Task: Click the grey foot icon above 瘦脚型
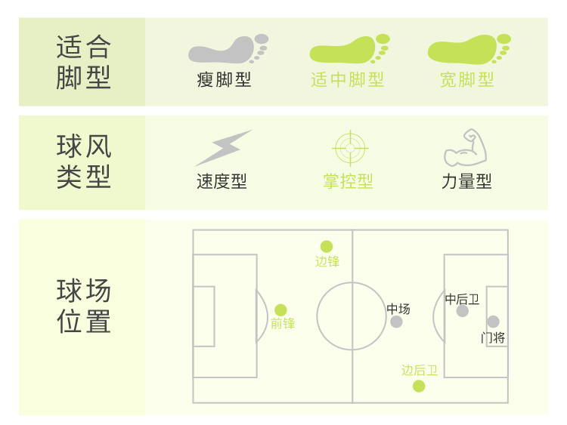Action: (228, 49)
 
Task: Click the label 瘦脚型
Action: (224, 79)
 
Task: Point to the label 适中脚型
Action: (348, 79)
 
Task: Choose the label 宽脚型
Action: (467, 79)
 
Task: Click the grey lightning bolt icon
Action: (223, 148)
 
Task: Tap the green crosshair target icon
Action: (349, 148)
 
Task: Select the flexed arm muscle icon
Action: (465, 148)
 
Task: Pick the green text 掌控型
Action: (349, 182)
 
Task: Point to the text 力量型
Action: (466, 182)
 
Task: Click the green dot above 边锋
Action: (327, 246)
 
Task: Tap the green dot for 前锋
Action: (280, 310)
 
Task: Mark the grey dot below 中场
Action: (397, 322)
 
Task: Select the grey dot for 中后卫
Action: (463, 311)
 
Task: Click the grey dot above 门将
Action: (494, 322)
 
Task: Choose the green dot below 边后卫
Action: (419, 387)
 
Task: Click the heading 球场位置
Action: (83, 306)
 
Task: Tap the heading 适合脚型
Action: (83, 62)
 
